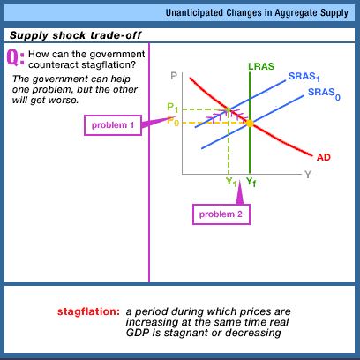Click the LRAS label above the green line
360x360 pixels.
(261, 66)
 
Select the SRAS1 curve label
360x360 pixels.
(304, 77)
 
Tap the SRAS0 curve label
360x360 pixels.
(324, 94)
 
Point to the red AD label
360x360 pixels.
(324, 158)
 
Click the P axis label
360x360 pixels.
(174, 76)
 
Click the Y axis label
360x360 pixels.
(308, 175)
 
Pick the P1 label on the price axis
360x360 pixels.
(172, 108)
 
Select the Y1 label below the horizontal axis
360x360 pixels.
(231, 182)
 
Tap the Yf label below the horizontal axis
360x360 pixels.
(251, 182)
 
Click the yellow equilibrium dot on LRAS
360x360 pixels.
(250, 124)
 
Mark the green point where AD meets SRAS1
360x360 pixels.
(229, 110)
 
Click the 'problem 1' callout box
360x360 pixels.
(113, 125)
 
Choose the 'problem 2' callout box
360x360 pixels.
(221, 214)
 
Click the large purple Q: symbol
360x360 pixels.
(16, 57)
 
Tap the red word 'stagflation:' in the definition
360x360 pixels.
(88, 311)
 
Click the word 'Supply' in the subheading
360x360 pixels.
(29, 36)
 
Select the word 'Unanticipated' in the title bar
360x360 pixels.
(194, 12)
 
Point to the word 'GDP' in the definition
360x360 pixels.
(137, 333)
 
